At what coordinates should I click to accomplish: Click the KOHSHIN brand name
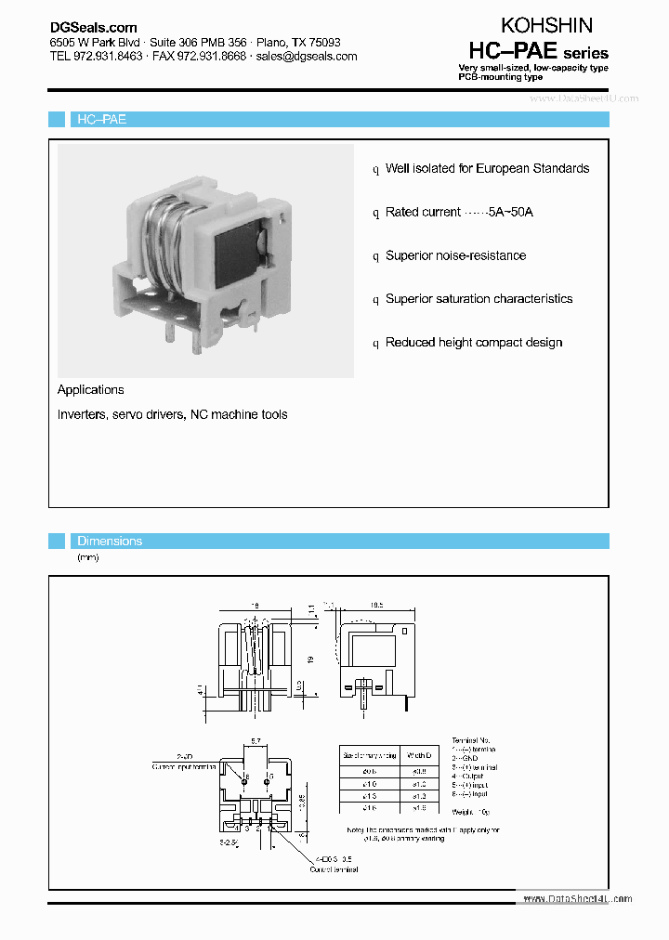[x=546, y=25]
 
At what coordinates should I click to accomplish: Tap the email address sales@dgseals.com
[x=307, y=56]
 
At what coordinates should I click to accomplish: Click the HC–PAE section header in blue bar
[x=101, y=120]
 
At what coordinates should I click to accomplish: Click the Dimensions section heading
[x=110, y=541]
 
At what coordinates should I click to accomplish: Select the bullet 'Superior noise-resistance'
[x=455, y=255]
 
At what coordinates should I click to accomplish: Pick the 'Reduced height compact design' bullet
[x=474, y=343]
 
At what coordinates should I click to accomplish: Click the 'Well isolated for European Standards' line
[x=487, y=168]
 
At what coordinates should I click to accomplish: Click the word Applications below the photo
[x=90, y=390]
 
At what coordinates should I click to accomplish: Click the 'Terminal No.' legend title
[x=470, y=740]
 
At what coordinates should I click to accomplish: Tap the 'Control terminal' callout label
[x=334, y=869]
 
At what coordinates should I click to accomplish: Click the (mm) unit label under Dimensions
[x=87, y=557]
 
